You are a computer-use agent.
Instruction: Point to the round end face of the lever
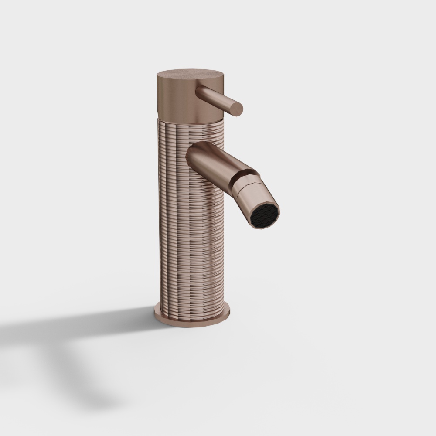[235, 108]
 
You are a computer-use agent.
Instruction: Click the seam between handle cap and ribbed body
[187, 119]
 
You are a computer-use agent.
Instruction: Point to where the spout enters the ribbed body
[191, 157]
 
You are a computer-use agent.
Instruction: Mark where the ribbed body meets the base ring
[192, 310]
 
